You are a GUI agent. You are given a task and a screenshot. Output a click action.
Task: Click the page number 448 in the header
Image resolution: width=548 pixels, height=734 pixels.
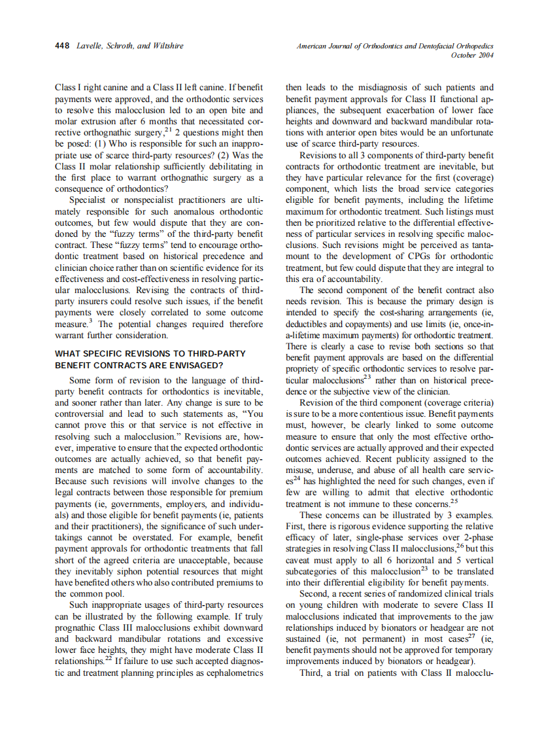click(63, 46)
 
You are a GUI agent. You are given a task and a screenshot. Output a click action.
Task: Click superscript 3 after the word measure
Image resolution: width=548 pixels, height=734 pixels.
click(90, 321)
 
